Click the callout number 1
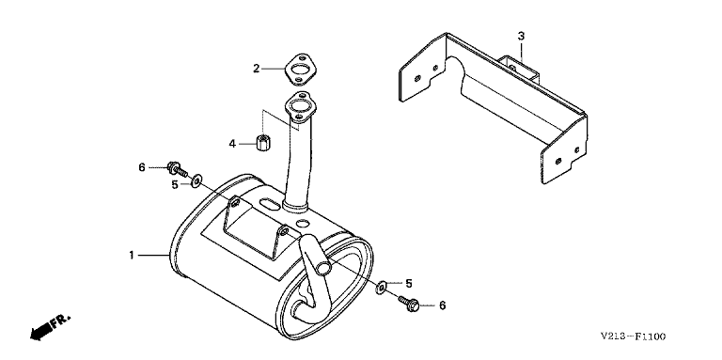132,255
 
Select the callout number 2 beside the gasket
257,69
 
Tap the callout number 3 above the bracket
521,36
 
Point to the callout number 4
232,144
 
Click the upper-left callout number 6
142,167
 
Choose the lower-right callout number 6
443,305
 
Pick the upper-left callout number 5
175,184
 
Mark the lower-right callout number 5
408,284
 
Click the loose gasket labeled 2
299,69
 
